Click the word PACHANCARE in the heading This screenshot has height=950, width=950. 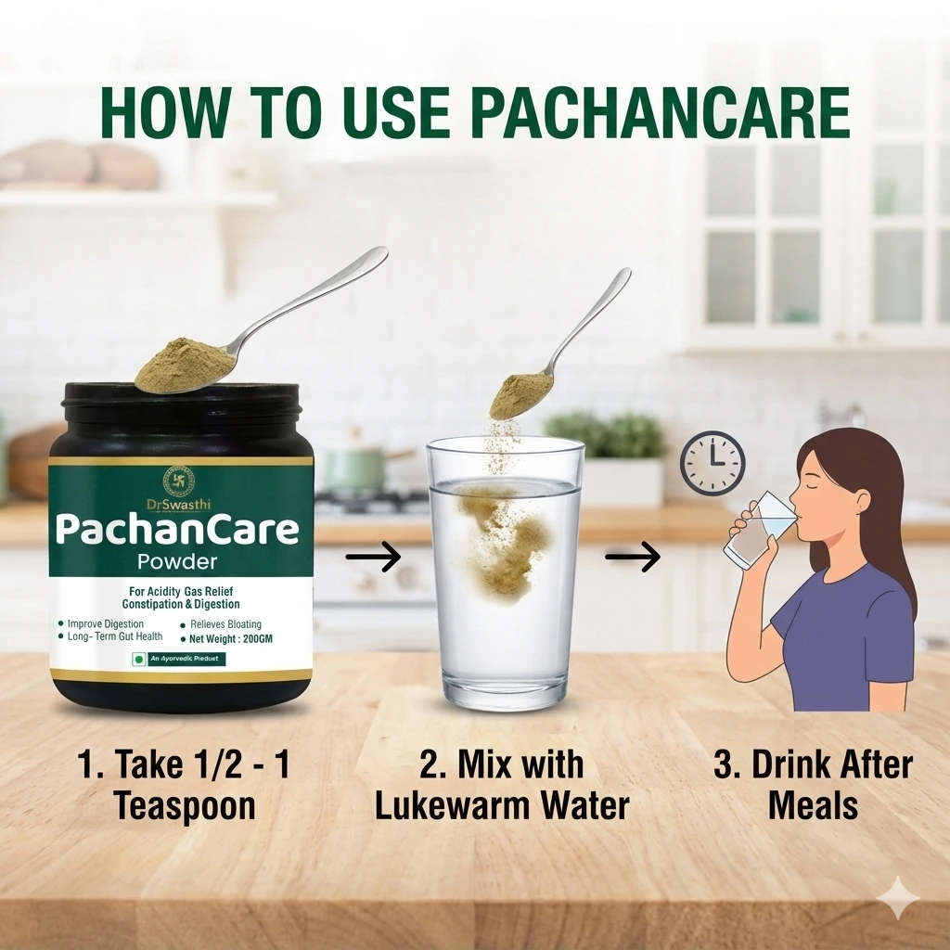[x=660, y=113]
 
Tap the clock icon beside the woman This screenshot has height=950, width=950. [x=712, y=463]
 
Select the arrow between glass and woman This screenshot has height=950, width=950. [x=632, y=558]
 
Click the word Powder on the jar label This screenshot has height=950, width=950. [x=176, y=561]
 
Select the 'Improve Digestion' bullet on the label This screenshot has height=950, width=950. [x=105, y=624]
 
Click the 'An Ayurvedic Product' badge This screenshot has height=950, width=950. [x=179, y=660]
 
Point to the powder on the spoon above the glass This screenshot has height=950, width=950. [x=516, y=395]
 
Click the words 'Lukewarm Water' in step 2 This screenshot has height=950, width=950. [x=502, y=805]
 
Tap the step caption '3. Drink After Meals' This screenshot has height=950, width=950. [x=813, y=785]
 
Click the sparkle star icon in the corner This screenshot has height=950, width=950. [x=901, y=899]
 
